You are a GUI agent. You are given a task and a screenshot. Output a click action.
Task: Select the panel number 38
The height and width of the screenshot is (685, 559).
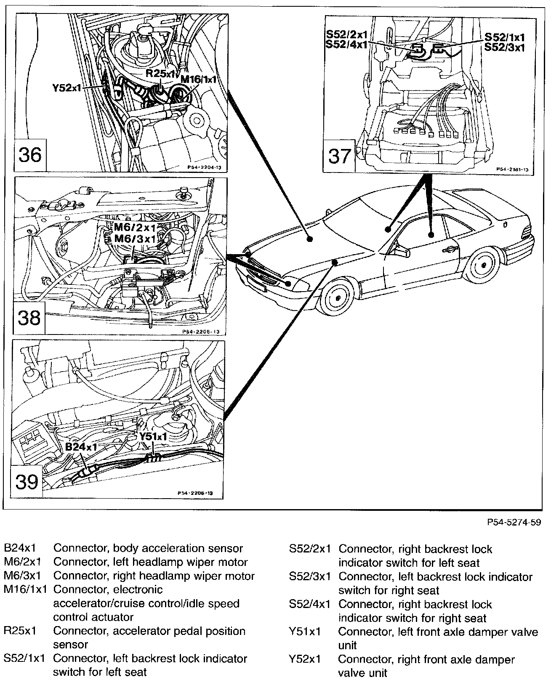pyautogui.click(x=29, y=318)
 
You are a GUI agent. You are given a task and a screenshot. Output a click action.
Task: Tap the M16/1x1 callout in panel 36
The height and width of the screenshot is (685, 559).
pyautogui.click(x=198, y=79)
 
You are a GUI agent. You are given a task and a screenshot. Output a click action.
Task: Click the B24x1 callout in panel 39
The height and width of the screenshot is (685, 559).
pyautogui.click(x=81, y=446)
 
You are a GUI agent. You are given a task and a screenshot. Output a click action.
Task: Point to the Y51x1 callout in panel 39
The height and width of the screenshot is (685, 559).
pyautogui.click(x=153, y=436)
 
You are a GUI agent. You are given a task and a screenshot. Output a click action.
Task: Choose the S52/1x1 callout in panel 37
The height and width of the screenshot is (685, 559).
pyautogui.click(x=504, y=37)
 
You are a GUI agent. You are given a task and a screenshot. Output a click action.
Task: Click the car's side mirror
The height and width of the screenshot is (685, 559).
pyautogui.click(x=403, y=251)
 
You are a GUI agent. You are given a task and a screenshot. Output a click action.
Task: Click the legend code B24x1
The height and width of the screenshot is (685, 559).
pyautogui.click(x=20, y=549)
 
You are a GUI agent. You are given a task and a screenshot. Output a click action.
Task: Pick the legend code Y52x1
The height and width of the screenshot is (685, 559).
pyautogui.click(x=305, y=659)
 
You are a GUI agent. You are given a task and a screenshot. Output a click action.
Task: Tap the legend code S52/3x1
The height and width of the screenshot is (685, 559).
pyautogui.click(x=309, y=576)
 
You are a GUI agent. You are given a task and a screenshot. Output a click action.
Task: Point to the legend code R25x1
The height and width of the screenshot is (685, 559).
pyautogui.click(x=20, y=631)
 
